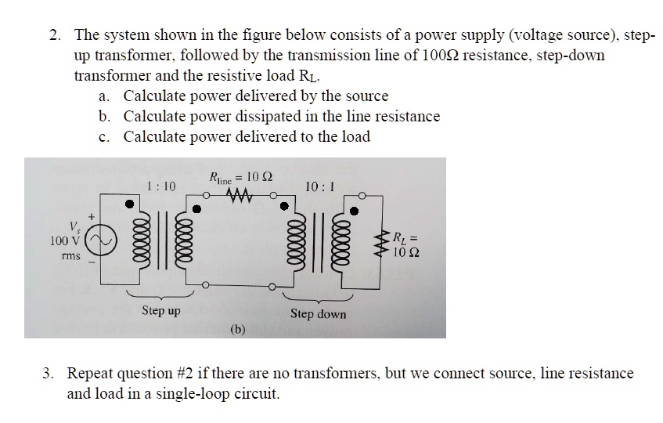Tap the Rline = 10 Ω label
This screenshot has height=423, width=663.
point(241,178)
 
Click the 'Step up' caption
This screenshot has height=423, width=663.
point(161,311)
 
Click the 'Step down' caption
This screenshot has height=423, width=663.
point(318,313)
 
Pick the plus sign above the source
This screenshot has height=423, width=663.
point(92,213)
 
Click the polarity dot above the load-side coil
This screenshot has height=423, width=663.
point(355,210)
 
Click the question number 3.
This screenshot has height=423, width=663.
point(49,374)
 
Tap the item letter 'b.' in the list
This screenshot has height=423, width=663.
point(105,117)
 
